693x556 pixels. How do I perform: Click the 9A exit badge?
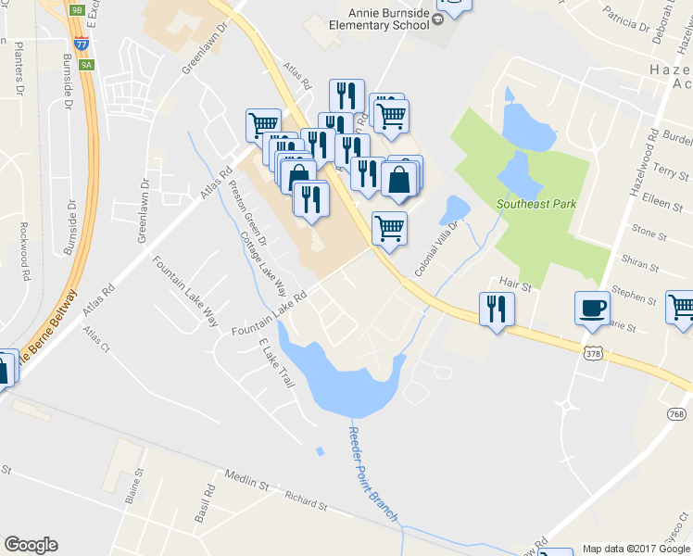[x=86, y=65]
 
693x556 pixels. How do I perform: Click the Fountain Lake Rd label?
[x=269, y=317]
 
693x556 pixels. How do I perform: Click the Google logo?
[x=31, y=545]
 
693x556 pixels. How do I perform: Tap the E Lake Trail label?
[x=277, y=362]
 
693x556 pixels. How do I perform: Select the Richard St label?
[x=307, y=501]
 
